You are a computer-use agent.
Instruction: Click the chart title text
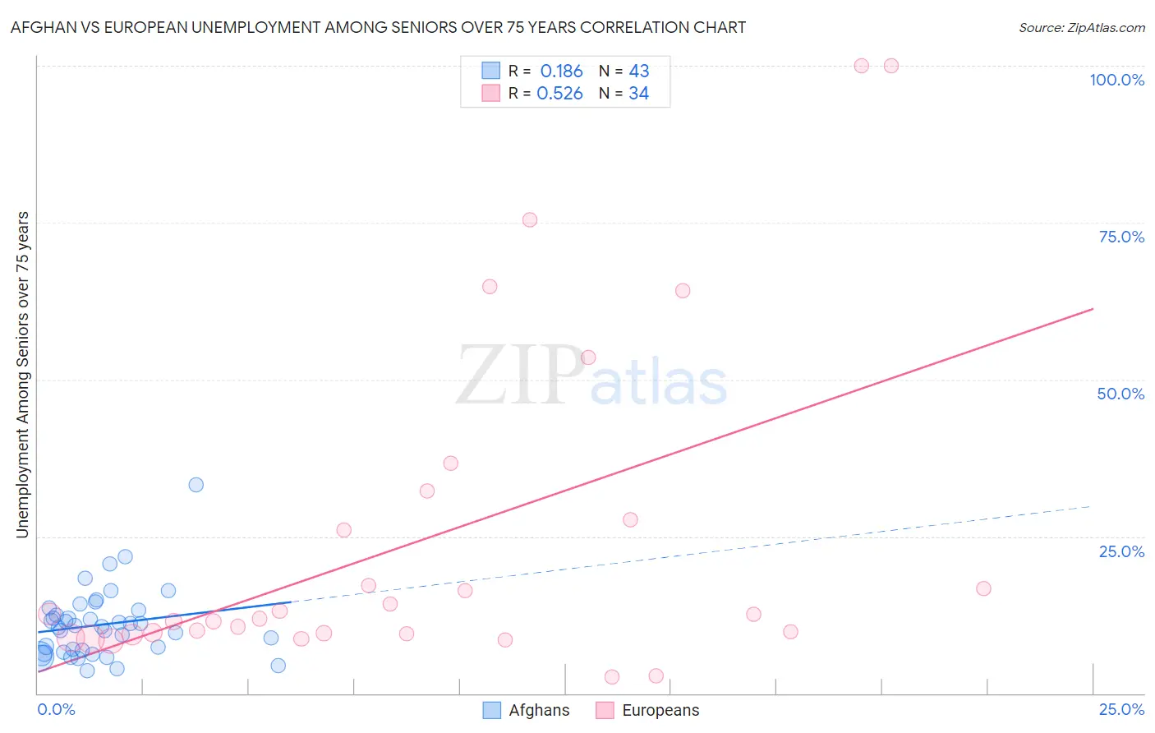(378, 27)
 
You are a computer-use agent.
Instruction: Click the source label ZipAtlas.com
(1081, 27)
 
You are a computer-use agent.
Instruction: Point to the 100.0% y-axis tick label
(1116, 80)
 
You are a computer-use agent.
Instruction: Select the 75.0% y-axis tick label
(1121, 237)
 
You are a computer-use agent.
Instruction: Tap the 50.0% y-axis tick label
(1120, 394)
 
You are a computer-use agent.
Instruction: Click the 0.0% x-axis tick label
(56, 709)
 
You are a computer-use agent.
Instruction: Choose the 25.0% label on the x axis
(1121, 709)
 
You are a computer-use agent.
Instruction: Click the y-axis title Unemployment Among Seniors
(22, 375)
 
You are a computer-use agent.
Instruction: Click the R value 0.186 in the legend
(561, 71)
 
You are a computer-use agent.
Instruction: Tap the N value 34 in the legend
(638, 94)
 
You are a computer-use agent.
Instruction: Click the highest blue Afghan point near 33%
(196, 485)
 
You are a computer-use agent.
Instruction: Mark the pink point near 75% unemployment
(530, 219)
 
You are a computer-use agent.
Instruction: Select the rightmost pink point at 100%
(891, 66)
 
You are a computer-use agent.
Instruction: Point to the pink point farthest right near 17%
(983, 588)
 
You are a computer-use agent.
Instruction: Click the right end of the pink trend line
(1093, 309)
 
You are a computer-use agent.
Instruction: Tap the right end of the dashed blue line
(1091, 506)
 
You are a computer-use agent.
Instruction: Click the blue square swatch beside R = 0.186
(490, 71)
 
